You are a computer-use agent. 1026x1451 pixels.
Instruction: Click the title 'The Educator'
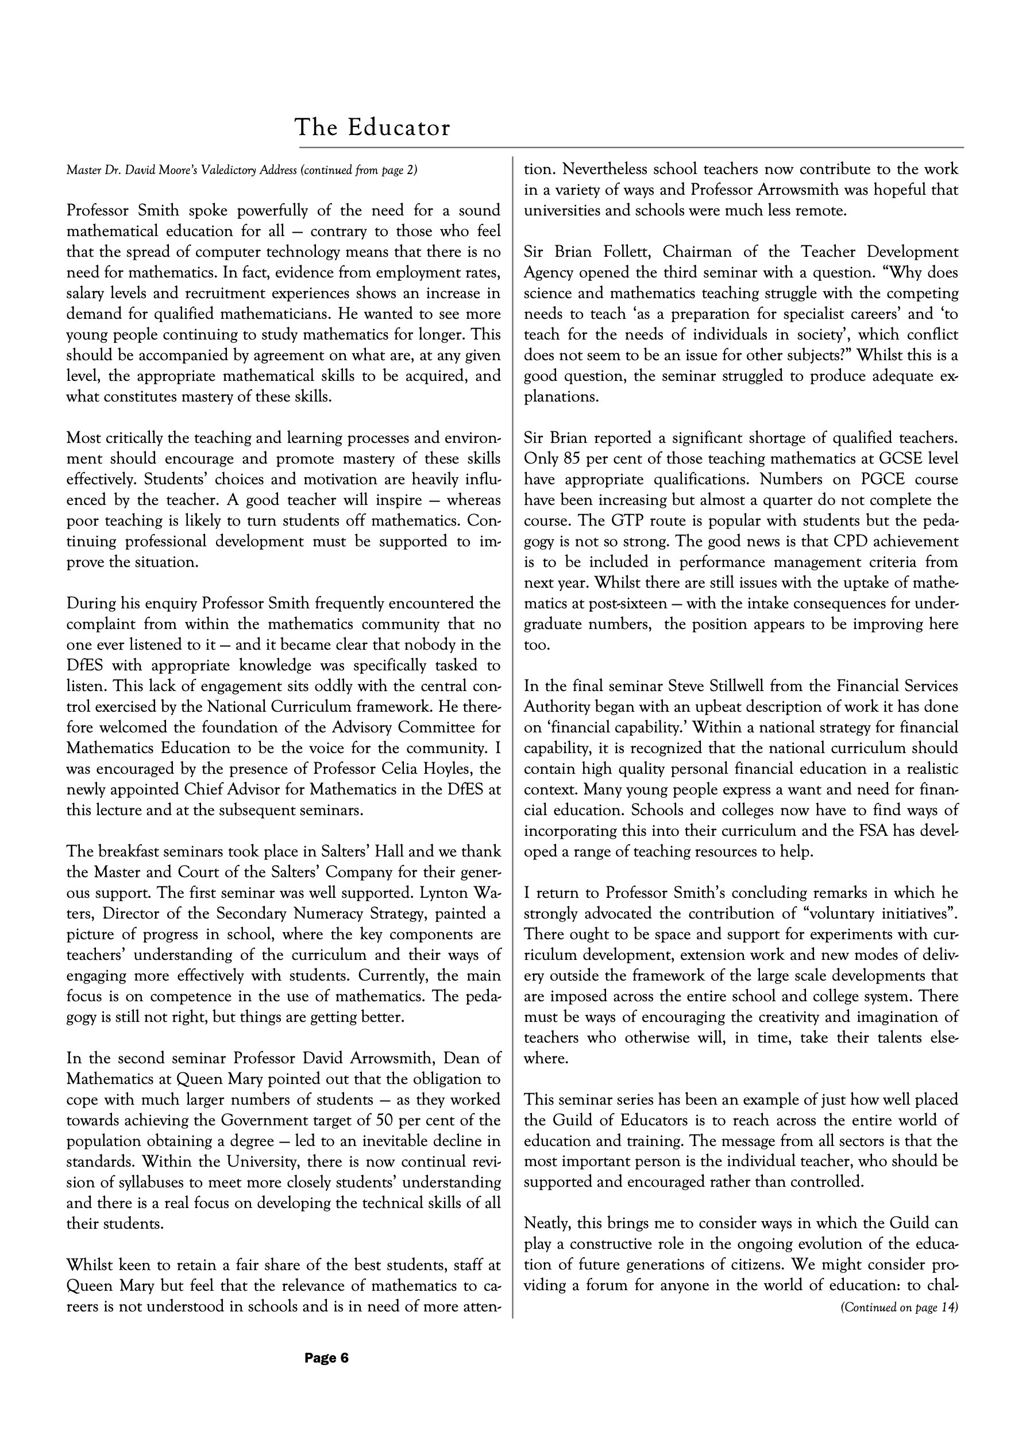point(372,128)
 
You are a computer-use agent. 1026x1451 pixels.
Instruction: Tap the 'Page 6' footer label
point(326,1358)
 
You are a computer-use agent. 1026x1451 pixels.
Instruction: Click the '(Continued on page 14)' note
point(899,1307)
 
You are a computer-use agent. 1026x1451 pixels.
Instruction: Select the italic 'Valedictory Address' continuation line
point(241,170)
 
